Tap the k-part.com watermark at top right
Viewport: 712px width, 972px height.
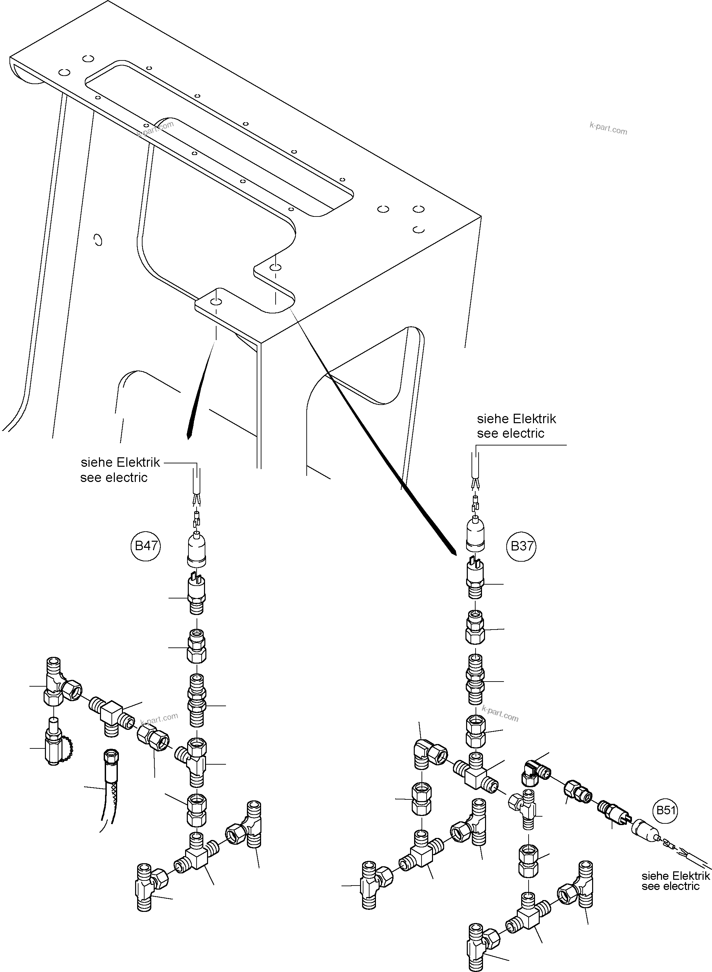(x=608, y=128)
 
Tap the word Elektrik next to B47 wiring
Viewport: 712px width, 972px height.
(x=138, y=463)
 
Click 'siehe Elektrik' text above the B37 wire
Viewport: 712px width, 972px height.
(x=516, y=419)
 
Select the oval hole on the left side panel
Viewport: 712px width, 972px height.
(x=98, y=239)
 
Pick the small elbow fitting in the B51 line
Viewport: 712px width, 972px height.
(x=533, y=772)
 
